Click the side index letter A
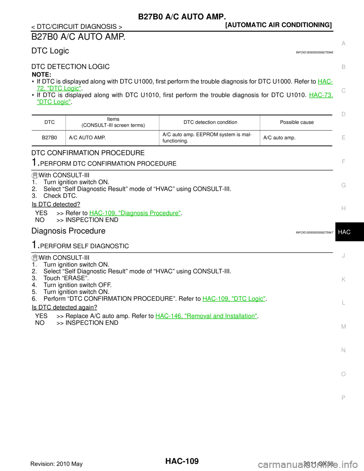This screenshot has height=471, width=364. [x=343, y=44]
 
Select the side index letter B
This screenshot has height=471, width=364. [x=343, y=67]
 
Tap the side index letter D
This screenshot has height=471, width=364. [x=343, y=114]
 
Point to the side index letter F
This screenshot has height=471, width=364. [x=343, y=162]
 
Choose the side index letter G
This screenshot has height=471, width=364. [x=343, y=185]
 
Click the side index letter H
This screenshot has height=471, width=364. [x=343, y=209]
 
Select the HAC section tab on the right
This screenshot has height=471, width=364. [x=344, y=232]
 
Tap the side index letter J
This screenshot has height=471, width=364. [x=343, y=256]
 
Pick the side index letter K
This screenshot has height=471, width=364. [x=343, y=279]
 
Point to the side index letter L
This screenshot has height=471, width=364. [x=343, y=303]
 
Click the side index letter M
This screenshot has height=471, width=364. [x=343, y=327]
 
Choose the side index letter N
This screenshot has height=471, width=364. [x=343, y=350]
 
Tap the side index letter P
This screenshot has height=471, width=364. [x=343, y=397]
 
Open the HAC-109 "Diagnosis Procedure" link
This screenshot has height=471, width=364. [x=135, y=213]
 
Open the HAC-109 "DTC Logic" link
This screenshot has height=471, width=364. [x=234, y=299]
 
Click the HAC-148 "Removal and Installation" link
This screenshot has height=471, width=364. [x=206, y=316]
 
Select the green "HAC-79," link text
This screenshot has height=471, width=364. [x=321, y=95]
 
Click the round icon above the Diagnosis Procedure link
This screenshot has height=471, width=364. [x=35, y=176]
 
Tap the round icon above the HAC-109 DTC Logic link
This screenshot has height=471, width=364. [x=35, y=258]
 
